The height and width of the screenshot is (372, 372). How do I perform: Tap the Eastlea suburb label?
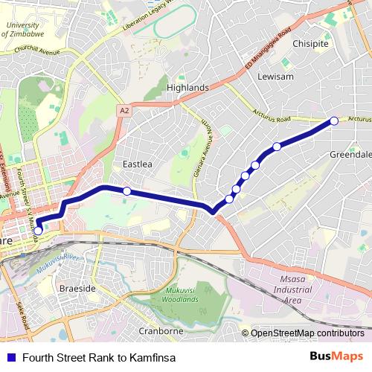[137, 164]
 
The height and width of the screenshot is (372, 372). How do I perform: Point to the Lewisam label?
[275, 77]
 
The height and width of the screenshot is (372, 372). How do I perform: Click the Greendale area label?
[350, 154]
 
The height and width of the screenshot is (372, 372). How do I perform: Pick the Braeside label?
[78, 287]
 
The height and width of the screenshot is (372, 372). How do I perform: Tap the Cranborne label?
[161, 330]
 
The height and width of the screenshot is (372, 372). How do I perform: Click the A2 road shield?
[124, 110]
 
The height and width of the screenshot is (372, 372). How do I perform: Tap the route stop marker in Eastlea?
[127, 191]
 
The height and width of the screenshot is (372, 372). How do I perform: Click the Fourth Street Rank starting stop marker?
[38, 231]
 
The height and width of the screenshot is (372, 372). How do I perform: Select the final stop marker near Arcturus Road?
[334, 121]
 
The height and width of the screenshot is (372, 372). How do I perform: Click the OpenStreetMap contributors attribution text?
[308, 333]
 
